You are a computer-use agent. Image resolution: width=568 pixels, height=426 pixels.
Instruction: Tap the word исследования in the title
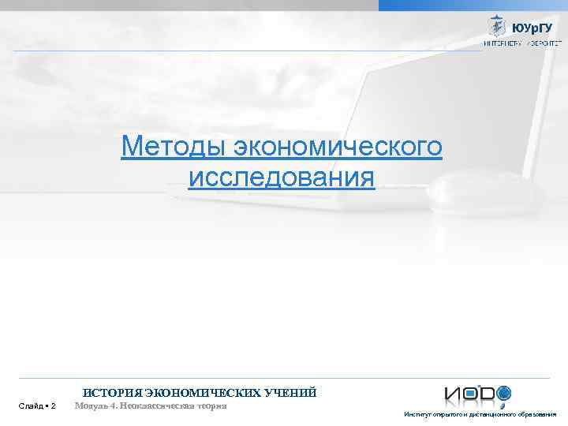[282, 177]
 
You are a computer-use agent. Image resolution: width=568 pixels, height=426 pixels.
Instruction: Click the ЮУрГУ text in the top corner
[532, 28]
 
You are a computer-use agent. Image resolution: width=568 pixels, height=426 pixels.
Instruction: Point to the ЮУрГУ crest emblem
[498, 26]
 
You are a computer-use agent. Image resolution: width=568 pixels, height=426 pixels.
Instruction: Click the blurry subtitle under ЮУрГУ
[518, 44]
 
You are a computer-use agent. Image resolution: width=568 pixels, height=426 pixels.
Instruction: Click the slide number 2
[53, 406]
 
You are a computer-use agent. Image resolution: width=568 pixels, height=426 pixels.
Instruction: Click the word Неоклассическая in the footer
[160, 405]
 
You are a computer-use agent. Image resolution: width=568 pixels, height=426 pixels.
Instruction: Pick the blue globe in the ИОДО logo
[503, 392]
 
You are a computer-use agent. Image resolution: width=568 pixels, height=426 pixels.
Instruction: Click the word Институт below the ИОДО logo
[415, 414]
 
